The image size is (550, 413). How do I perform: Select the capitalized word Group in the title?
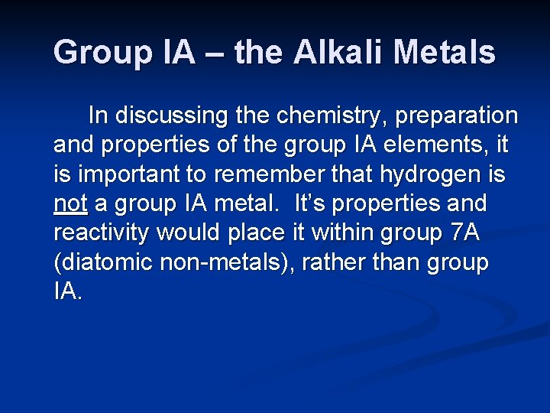click(x=93, y=53)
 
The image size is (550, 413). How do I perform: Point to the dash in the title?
click(x=215, y=53)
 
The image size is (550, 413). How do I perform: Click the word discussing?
click(x=168, y=116)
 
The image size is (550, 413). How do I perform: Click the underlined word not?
click(x=70, y=204)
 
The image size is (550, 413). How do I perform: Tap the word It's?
click(x=310, y=204)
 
